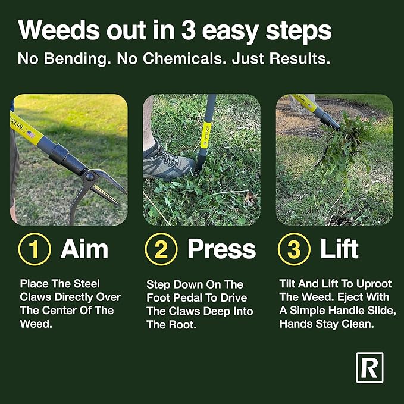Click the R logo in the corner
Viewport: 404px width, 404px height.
point(369,368)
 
